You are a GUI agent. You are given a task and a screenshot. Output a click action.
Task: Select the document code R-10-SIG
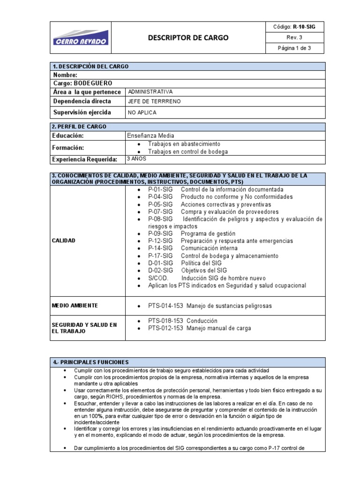point(294,27)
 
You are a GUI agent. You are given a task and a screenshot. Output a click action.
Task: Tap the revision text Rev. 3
point(294,37)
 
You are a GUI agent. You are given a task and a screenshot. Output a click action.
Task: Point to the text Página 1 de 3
point(294,48)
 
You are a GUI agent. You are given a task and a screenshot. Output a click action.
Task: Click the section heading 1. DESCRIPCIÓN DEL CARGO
point(91,67)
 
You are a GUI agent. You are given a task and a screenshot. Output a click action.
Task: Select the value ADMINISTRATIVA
point(150,92)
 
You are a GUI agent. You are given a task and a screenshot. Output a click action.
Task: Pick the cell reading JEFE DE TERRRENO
point(154,101)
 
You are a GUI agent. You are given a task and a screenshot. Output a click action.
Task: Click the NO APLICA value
point(142,112)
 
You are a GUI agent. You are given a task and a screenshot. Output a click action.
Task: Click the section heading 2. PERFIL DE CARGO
point(80,127)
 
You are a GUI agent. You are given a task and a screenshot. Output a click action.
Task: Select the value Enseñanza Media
point(150,135)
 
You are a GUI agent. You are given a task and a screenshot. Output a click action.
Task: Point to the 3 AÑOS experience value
point(137,158)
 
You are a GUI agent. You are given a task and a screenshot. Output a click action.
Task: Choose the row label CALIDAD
point(64,240)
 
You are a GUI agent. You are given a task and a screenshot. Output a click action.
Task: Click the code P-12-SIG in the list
point(160,241)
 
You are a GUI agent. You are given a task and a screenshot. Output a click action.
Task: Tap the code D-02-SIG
point(160,270)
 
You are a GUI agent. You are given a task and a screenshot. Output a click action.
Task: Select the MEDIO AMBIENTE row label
point(75,306)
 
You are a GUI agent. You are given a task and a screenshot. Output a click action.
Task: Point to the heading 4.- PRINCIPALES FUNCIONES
point(91,362)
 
